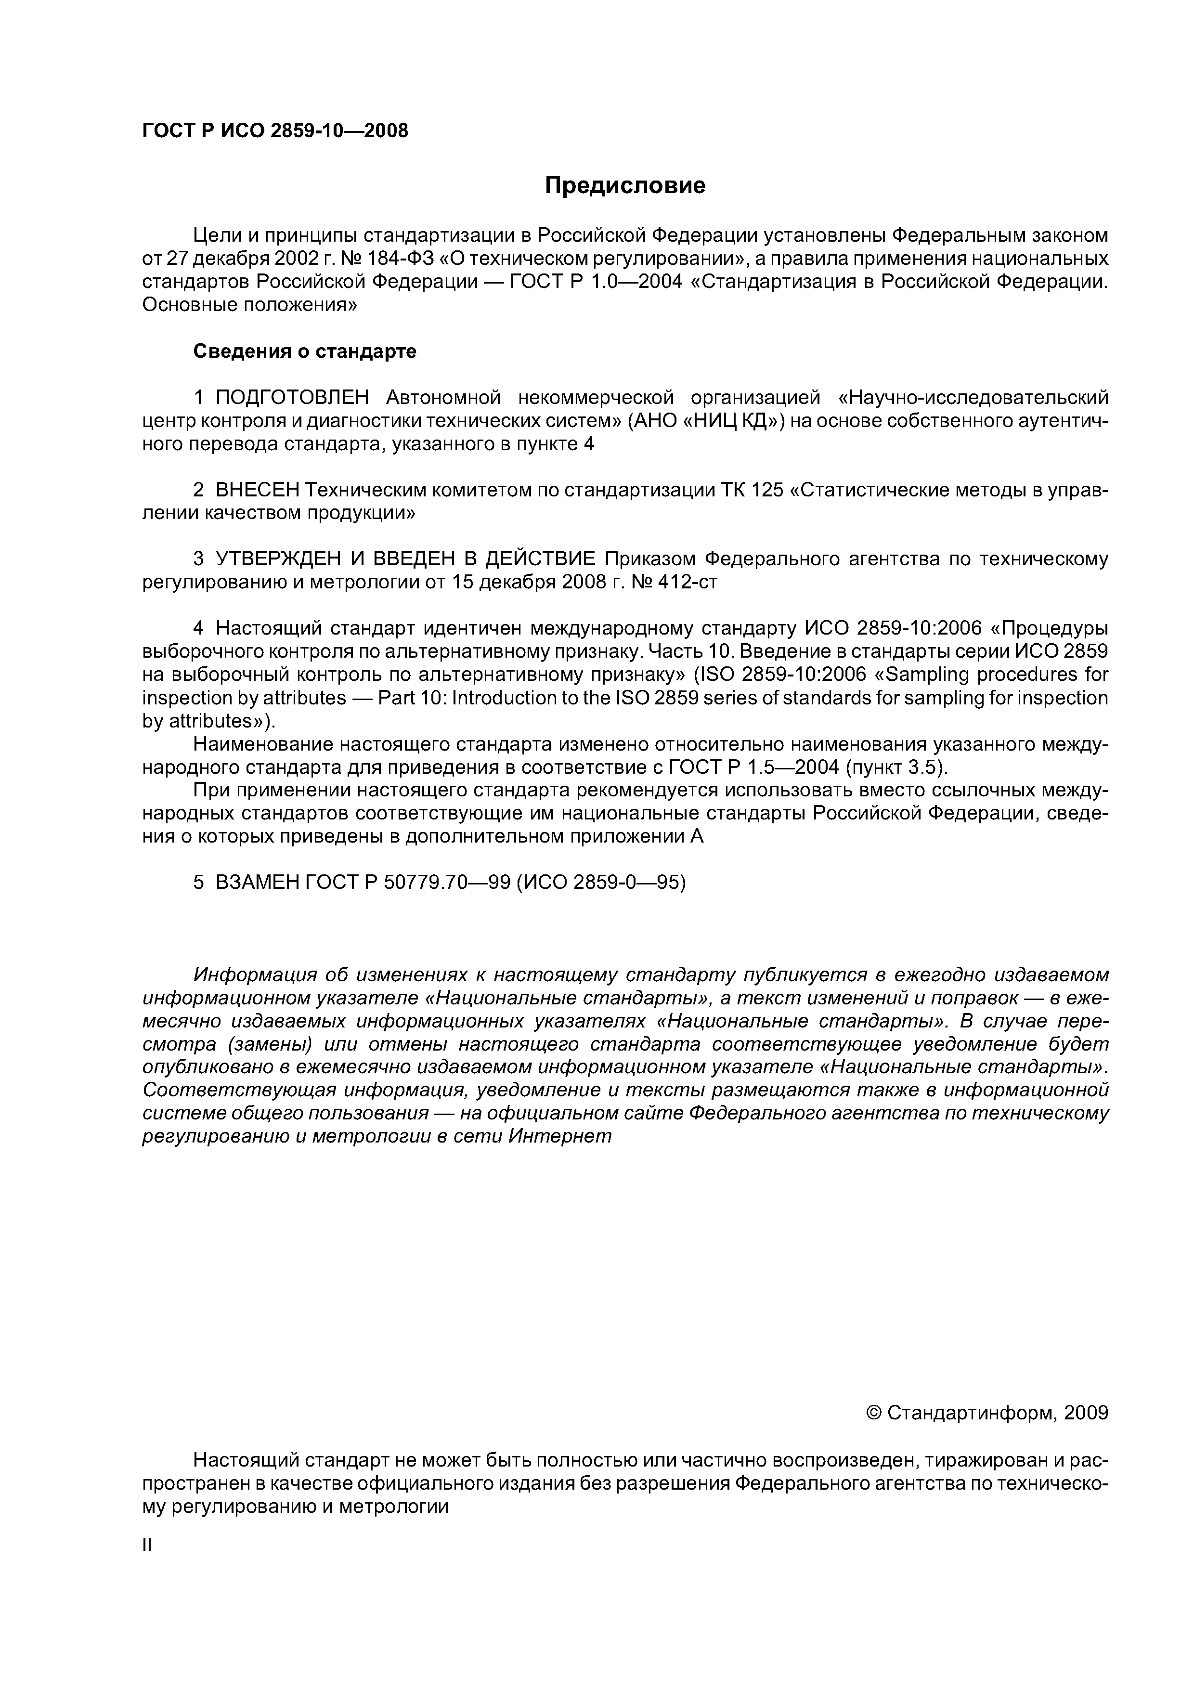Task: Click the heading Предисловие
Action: tap(624, 185)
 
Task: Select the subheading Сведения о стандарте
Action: tap(305, 351)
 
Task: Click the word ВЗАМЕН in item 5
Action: tap(258, 882)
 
